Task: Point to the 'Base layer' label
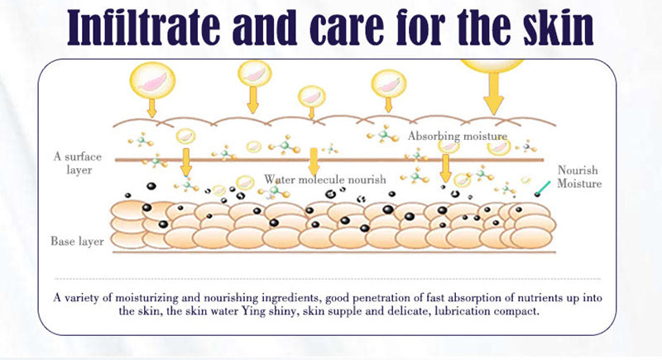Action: click(x=77, y=242)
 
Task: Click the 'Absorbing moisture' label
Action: click(x=458, y=136)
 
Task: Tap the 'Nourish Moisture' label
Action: click(x=579, y=177)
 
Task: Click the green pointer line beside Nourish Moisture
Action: click(x=544, y=188)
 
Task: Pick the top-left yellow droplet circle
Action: click(x=151, y=79)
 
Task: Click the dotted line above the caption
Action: click(x=331, y=280)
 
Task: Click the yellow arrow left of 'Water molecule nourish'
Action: click(x=186, y=162)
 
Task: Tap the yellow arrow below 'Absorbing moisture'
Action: click(x=446, y=166)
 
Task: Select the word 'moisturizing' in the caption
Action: click(x=155, y=298)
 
